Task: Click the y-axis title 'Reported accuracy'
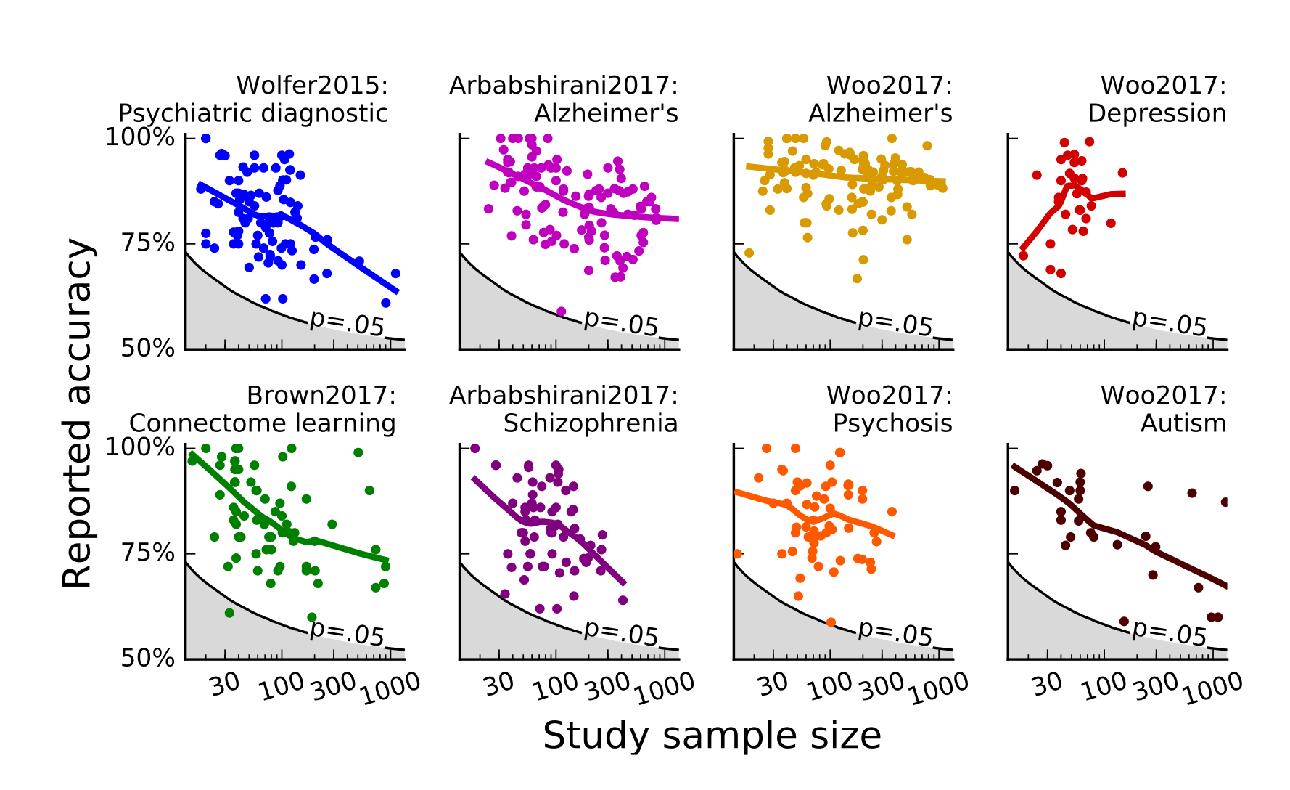click(78, 414)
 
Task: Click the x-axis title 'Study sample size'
click(712, 736)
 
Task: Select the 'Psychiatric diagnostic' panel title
click(253, 113)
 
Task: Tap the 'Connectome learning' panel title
click(263, 423)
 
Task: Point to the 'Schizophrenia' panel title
click(591, 423)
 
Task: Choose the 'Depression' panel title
click(1157, 113)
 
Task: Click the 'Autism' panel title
click(1183, 423)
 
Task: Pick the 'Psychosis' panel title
click(892, 423)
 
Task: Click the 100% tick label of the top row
click(140, 137)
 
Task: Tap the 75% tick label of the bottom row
click(148, 553)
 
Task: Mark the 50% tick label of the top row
click(148, 349)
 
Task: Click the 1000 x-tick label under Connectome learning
click(391, 688)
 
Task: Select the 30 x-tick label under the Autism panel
click(1048, 683)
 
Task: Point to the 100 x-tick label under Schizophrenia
click(556, 685)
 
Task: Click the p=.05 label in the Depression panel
click(1170, 322)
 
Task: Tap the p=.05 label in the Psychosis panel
click(895, 632)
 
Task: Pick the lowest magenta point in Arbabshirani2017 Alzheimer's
click(561, 311)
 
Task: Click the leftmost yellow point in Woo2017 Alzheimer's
click(749, 253)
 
